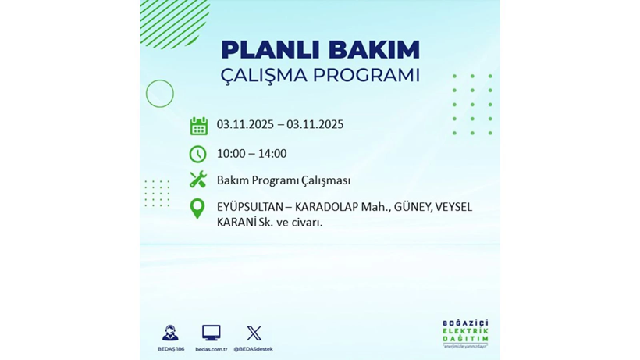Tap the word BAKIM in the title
[x=374, y=50]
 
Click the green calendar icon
[x=198, y=126]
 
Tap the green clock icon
[x=198, y=154]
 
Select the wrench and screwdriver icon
[x=198, y=180]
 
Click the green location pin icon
[x=198, y=209]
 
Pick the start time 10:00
[x=232, y=154]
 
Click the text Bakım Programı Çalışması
[x=283, y=180]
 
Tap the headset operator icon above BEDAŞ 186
[x=170, y=333]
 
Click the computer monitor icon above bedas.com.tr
[x=211, y=333]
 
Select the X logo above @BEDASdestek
[x=254, y=333]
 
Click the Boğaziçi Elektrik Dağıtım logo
[x=465, y=334]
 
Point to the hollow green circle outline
[x=160, y=94]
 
